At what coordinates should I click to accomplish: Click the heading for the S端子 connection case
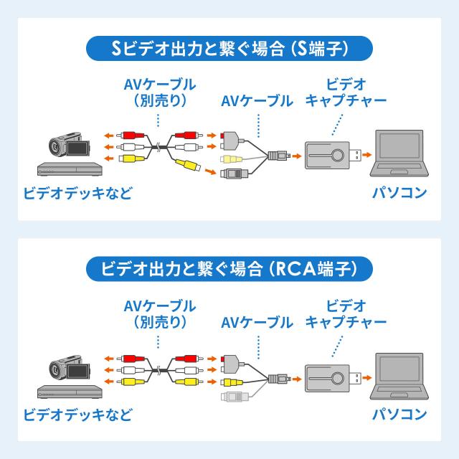[229, 49]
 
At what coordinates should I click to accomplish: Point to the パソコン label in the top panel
[399, 193]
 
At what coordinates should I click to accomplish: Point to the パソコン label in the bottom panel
[399, 414]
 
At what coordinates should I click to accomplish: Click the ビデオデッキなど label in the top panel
[78, 194]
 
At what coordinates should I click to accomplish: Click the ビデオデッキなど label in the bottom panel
[78, 415]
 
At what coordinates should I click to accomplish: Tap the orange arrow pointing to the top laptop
[366, 153]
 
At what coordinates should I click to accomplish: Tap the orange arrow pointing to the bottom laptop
[366, 374]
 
